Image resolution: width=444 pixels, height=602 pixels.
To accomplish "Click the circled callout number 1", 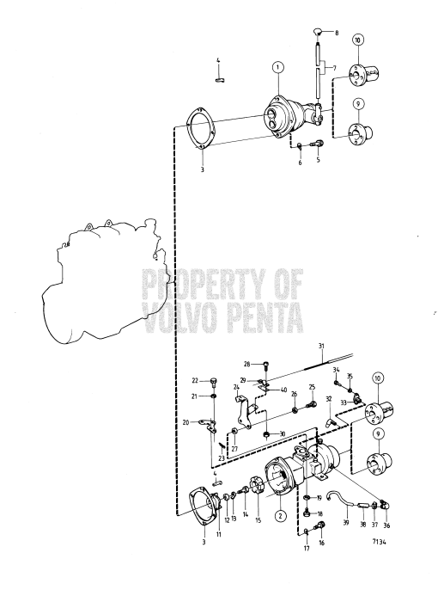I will [x=277, y=66].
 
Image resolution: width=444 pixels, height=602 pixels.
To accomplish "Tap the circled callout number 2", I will [x=280, y=516].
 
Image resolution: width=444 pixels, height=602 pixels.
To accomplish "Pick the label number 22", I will [x=195, y=380].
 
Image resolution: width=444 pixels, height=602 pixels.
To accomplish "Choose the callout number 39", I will [x=346, y=522].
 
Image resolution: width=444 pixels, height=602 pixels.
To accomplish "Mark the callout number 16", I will [x=321, y=544].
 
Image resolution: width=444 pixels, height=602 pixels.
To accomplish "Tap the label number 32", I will [x=328, y=399].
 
